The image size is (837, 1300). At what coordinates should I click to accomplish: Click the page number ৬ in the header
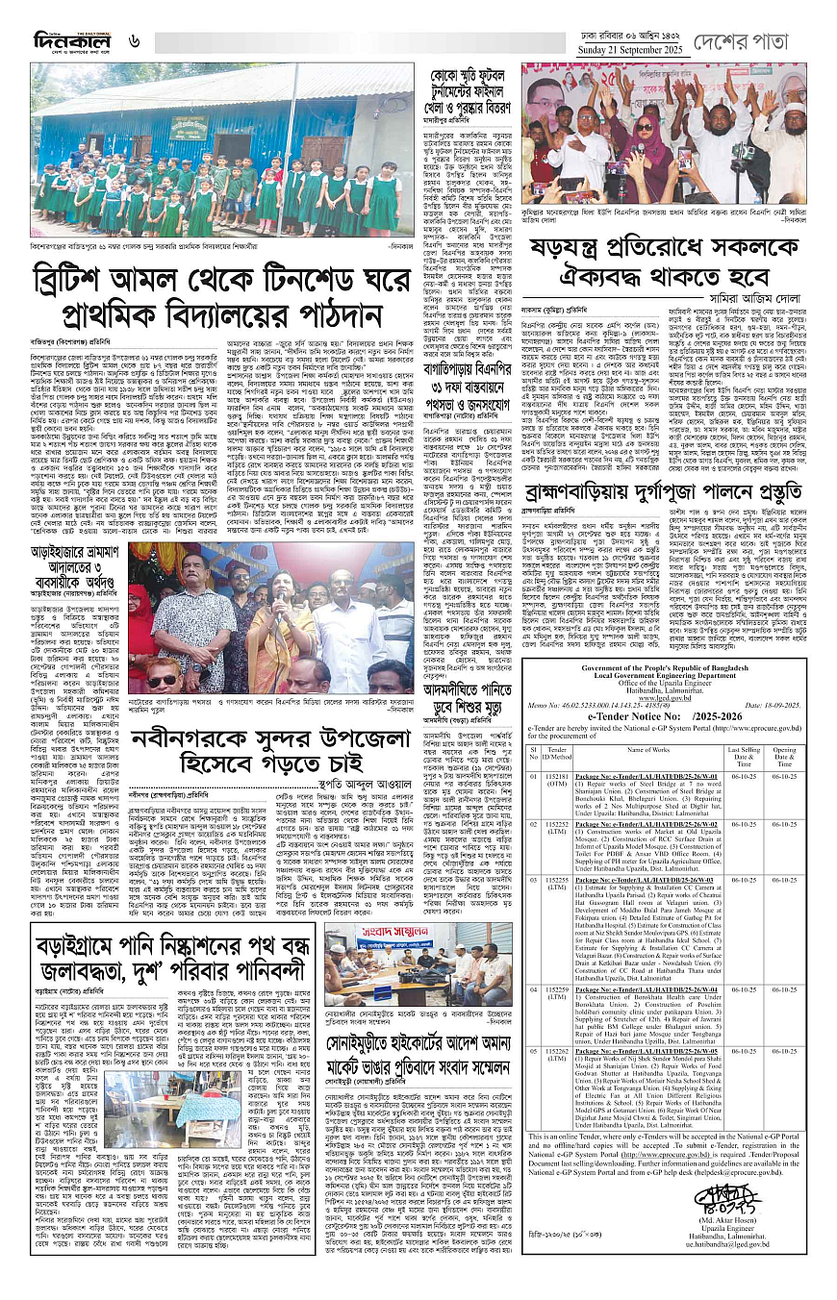tap(135, 41)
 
